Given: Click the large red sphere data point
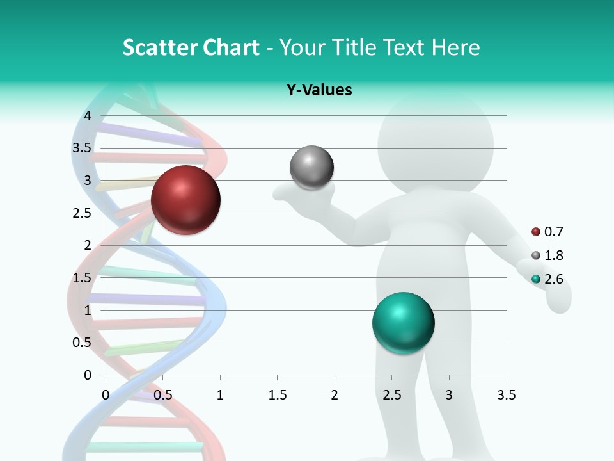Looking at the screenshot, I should click(185, 200).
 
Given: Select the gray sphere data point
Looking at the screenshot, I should click(311, 168).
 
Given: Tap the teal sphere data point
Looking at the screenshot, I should click(403, 323).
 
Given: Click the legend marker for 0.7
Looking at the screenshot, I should click(536, 232).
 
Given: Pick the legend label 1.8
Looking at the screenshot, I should click(553, 255).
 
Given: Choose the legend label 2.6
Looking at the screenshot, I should click(553, 279).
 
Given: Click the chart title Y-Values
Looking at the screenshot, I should click(319, 90).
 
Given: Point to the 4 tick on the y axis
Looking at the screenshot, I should click(88, 116).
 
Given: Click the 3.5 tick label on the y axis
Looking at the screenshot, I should click(83, 148).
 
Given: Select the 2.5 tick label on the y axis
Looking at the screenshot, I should click(83, 213).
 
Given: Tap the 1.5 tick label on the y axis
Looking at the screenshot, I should click(83, 278).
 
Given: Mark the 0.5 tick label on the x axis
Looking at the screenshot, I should click(163, 395).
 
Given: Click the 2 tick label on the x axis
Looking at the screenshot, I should click(335, 395).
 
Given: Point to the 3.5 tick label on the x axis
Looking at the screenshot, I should click(506, 395).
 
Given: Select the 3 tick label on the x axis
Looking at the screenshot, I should click(449, 395).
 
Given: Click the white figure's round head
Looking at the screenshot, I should click(436, 145).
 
